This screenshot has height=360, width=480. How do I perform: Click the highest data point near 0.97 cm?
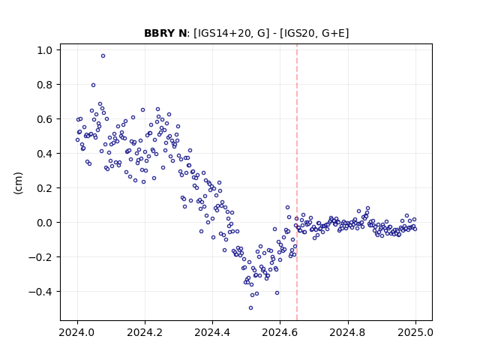click(x=103, y=55)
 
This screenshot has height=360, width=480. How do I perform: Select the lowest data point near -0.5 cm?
click(x=250, y=307)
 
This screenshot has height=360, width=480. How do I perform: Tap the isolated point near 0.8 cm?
click(x=93, y=85)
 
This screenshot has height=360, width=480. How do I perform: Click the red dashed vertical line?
click(x=297, y=182)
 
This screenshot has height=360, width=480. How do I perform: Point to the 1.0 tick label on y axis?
click(x=46, y=50)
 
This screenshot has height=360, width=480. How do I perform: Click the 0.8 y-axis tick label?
click(x=46, y=85)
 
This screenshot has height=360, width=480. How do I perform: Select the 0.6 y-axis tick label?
click(x=46, y=119)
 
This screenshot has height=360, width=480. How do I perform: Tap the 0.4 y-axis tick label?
click(x=46, y=153)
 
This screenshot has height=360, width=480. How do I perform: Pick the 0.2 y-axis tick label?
click(x=46, y=188)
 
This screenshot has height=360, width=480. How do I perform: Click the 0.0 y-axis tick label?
click(x=46, y=223)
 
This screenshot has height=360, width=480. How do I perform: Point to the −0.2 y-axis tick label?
click(x=41, y=257)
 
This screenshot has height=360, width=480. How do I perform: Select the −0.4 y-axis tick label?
click(x=41, y=292)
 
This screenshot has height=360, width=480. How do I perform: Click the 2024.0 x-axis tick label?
click(x=77, y=332)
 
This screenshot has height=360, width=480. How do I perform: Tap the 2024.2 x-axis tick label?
click(x=145, y=332)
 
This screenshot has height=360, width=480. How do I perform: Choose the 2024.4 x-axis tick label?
click(x=212, y=332)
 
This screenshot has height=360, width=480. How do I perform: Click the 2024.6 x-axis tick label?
click(x=280, y=332)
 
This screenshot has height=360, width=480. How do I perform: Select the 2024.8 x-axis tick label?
click(x=347, y=332)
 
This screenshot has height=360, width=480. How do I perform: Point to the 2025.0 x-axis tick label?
click(x=415, y=332)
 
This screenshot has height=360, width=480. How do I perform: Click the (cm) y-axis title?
click(x=19, y=183)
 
